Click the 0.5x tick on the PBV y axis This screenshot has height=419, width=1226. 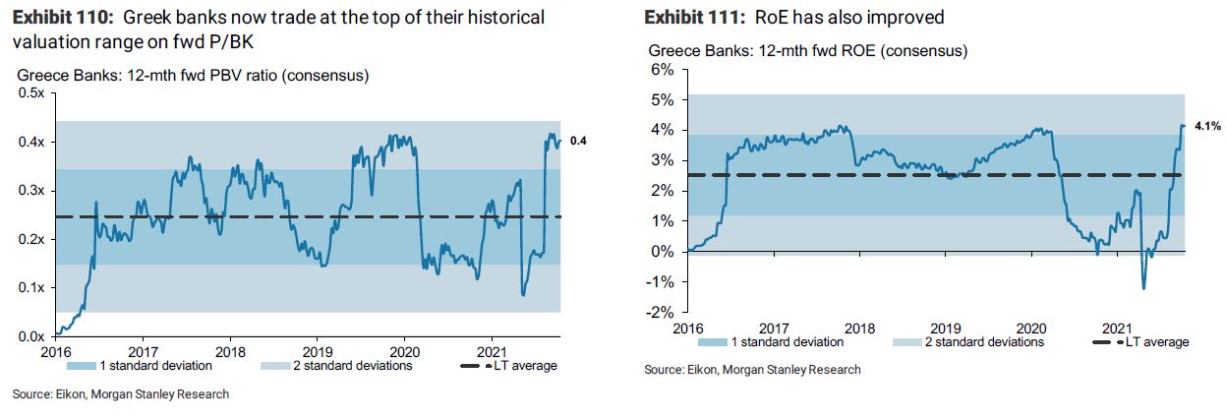(31, 93)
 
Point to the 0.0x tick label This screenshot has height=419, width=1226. (31, 337)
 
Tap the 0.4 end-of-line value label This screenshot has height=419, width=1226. (579, 142)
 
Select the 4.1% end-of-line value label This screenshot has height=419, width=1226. (1205, 126)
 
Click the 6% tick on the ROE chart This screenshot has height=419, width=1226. (660, 70)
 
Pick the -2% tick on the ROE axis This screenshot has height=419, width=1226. (658, 313)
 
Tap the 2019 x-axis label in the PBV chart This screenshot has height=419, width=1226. (318, 351)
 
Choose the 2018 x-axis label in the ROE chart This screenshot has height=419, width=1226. (860, 327)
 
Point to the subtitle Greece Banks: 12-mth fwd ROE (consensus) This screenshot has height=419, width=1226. (807, 50)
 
